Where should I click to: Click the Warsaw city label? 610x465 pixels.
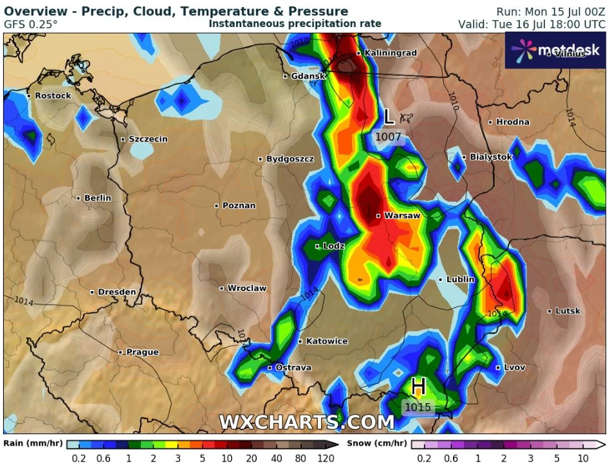402,216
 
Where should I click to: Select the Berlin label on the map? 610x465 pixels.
97,198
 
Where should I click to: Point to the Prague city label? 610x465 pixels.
142,352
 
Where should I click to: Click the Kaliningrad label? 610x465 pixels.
391,53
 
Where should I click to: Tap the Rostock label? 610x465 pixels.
53,95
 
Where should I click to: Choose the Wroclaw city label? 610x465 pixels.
246,288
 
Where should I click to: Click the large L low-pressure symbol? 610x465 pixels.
389,117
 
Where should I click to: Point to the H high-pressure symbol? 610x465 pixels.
418,386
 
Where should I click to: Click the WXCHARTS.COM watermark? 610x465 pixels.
306,422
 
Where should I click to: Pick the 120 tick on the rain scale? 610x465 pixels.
326,458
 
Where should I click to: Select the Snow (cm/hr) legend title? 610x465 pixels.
376,443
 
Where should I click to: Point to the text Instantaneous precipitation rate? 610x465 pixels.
295,24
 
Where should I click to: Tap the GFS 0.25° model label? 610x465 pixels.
31,24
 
